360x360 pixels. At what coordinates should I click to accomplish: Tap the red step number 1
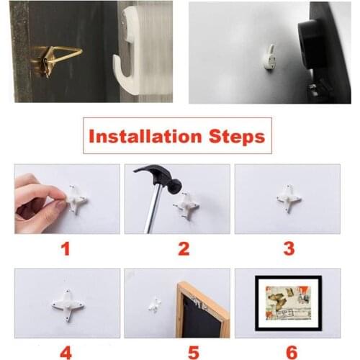66,249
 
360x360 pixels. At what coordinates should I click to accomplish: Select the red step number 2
184,249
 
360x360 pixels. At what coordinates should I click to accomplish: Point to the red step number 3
289,249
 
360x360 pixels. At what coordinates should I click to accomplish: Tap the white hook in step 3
289,198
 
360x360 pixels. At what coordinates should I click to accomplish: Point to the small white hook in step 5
153,306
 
